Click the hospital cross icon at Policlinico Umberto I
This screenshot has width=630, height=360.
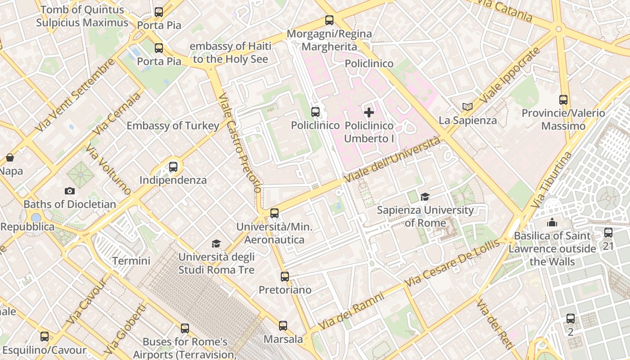(369, 112)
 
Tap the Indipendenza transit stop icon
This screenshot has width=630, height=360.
(173, 167)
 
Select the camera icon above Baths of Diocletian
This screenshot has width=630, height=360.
(69, 191)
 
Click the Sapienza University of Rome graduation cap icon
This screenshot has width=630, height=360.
(424, 197)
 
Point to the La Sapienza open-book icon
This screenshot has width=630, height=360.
(468, 107)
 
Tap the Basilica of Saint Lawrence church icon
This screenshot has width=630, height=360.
(552, 222)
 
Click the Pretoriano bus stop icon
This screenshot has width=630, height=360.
(285, 277)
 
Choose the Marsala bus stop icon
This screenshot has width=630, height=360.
(283, 325)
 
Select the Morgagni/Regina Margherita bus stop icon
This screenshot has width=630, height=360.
(329, 20)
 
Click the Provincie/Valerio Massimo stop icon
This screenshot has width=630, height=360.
(563, 100)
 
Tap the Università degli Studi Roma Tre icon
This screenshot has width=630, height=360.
(216, 243)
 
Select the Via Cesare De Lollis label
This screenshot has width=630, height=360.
(452, 263)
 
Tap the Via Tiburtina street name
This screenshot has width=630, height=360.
(551, 180)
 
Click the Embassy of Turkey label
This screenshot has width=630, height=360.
(173, 126)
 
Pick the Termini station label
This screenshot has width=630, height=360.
(131, 261)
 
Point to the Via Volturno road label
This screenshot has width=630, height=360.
(108, 169)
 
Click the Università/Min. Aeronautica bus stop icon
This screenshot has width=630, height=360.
(274, 213)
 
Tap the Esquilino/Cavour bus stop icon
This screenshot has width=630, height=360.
(45, 336)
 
